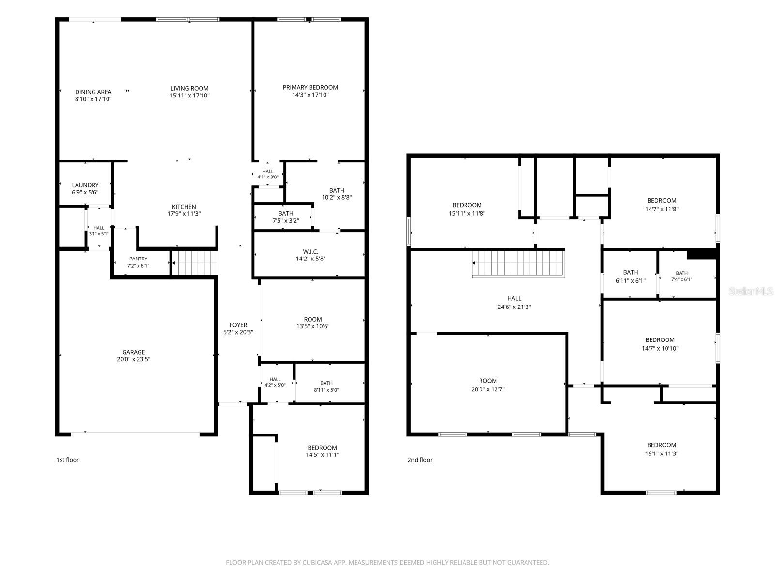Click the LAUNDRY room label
85,185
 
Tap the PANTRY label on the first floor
138,259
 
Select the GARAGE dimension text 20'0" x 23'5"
134,359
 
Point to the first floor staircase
195,263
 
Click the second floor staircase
518,263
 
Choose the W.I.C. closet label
310,251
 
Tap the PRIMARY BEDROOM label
310,87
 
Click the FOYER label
238,325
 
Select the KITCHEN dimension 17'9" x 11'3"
184,214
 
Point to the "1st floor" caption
67,460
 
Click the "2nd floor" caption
420,460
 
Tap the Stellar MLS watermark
751,291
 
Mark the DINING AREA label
93,92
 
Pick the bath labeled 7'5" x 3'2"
286,217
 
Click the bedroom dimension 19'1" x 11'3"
661,453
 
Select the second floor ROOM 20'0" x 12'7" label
488,385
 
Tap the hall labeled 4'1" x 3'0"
268,174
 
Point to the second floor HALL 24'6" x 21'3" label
514,303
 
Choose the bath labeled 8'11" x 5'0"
326,387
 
